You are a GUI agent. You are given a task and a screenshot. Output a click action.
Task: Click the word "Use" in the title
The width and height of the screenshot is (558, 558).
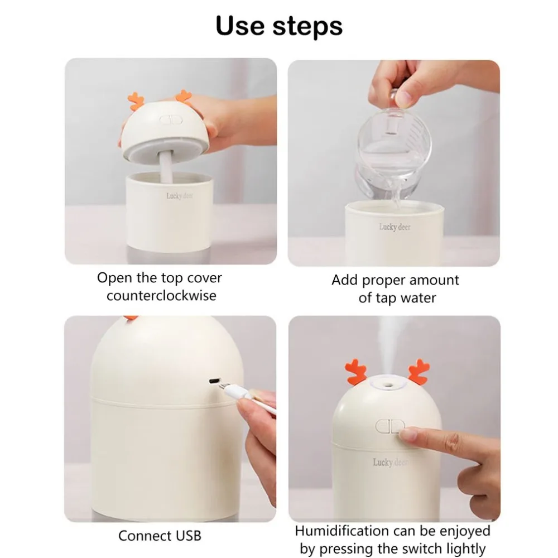(240, 26)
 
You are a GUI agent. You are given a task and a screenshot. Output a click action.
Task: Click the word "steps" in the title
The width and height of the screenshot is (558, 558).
(307, 27)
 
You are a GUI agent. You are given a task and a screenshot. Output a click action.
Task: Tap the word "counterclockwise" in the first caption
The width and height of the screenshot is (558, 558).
(161, 296)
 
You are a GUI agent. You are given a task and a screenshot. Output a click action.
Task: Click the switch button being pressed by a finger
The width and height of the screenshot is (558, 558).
(389, 426)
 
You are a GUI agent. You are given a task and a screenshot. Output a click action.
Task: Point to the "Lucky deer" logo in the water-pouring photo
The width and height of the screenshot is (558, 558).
(395, 227)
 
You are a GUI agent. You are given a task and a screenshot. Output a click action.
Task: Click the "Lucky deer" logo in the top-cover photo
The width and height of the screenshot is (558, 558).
(180, 196)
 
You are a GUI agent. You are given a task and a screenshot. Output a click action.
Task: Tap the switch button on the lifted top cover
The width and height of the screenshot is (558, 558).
(171, 119)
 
